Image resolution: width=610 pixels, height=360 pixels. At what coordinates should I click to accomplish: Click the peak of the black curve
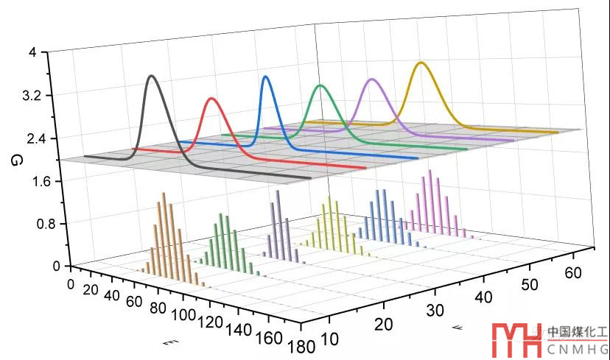pyautogui.click(x=152, y=76)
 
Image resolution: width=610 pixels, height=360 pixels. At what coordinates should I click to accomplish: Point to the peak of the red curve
pyautogui.click(x=212, y=98)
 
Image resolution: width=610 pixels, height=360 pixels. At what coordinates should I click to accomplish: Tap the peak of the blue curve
pyautogui.click(x=266, y=77)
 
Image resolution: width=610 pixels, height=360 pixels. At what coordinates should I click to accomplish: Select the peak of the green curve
pyautogui.click(x=320, y=85)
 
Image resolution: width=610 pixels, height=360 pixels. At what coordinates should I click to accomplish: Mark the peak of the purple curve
pyautogui.click(x=372, y=79)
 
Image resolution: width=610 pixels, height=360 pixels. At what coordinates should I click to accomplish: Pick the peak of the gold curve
pyautogui.click(x=421, y=63)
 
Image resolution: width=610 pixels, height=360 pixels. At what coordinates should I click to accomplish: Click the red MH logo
pyautogui.click(x=517, y=341)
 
